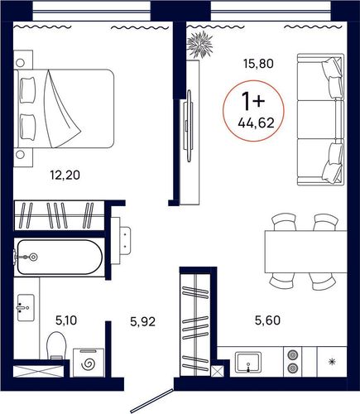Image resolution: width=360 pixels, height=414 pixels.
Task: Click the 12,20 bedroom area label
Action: [x=65, y=175]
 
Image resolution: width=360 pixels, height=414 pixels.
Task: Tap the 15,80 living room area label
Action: [x=258, y=64]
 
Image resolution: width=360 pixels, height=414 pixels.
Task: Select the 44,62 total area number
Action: [x=257, y=123]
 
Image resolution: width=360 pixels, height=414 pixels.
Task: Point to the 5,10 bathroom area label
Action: [x=66, y=320]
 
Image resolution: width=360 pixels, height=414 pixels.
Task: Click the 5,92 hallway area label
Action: [x=143, y=321]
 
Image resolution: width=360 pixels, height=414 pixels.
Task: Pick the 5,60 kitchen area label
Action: [x=267, y=320]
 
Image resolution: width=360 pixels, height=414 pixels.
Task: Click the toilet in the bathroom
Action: [x=57, y=345]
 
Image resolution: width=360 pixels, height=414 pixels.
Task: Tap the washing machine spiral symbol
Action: [x=89, y=364]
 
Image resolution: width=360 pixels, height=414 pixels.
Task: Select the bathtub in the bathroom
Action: [x=60, y=257]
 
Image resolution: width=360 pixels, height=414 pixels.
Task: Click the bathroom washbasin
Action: [x=26, y=307]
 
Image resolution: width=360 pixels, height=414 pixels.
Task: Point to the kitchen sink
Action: [x=248, y=362]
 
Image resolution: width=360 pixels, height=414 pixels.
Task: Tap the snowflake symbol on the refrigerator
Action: [x=332, y=362]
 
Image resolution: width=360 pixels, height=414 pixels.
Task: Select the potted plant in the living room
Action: [x=200, y=45]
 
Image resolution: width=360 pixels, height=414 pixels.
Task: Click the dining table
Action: [x=305, y=252]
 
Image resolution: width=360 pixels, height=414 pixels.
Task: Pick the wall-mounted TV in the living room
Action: [x=189, y=126]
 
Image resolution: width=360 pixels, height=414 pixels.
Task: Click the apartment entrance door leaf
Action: [x=151, y=401]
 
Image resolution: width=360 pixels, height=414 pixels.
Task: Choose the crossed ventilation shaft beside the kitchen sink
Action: [x=216, y=371]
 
